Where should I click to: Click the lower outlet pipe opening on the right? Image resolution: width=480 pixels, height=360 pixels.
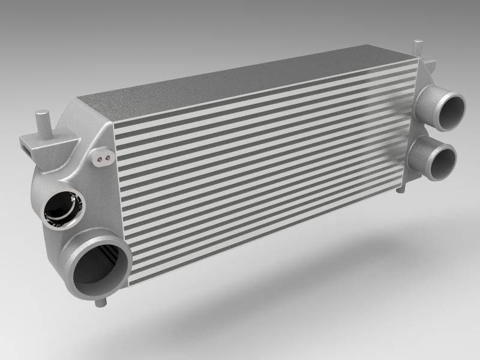443,157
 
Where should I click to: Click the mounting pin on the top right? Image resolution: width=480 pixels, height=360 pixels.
418,48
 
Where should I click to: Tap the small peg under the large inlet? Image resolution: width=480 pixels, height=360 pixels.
100,302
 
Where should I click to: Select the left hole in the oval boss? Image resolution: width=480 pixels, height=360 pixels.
99,159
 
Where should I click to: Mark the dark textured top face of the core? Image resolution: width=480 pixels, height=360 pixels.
252,84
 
